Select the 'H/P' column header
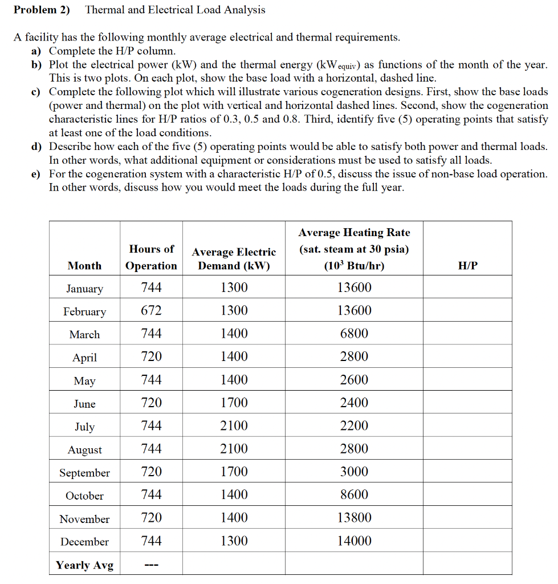467,266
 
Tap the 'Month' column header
84,266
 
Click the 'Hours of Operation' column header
151,257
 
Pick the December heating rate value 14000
354,541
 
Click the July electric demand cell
234,425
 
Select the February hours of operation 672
151,311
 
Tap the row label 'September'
84,473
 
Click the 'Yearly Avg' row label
84,565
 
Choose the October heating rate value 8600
354,494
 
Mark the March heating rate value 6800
354,334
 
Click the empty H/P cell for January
467,288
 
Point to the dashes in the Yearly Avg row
151,566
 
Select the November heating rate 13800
354,518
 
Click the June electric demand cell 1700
234,403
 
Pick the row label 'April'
84,358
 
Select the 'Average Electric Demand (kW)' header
234,259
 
